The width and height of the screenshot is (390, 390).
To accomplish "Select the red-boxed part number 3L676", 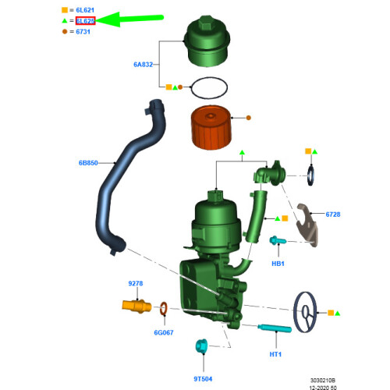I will pyautogui.click(x=84, y=21).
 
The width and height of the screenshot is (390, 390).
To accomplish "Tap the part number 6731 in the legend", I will pyautogui.click(x=83, y=31).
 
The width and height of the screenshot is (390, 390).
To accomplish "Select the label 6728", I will pyautogui.click(x=333, y=213).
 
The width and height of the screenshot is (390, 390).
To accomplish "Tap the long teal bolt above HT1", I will pyautogui.click(x=272, y=328).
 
